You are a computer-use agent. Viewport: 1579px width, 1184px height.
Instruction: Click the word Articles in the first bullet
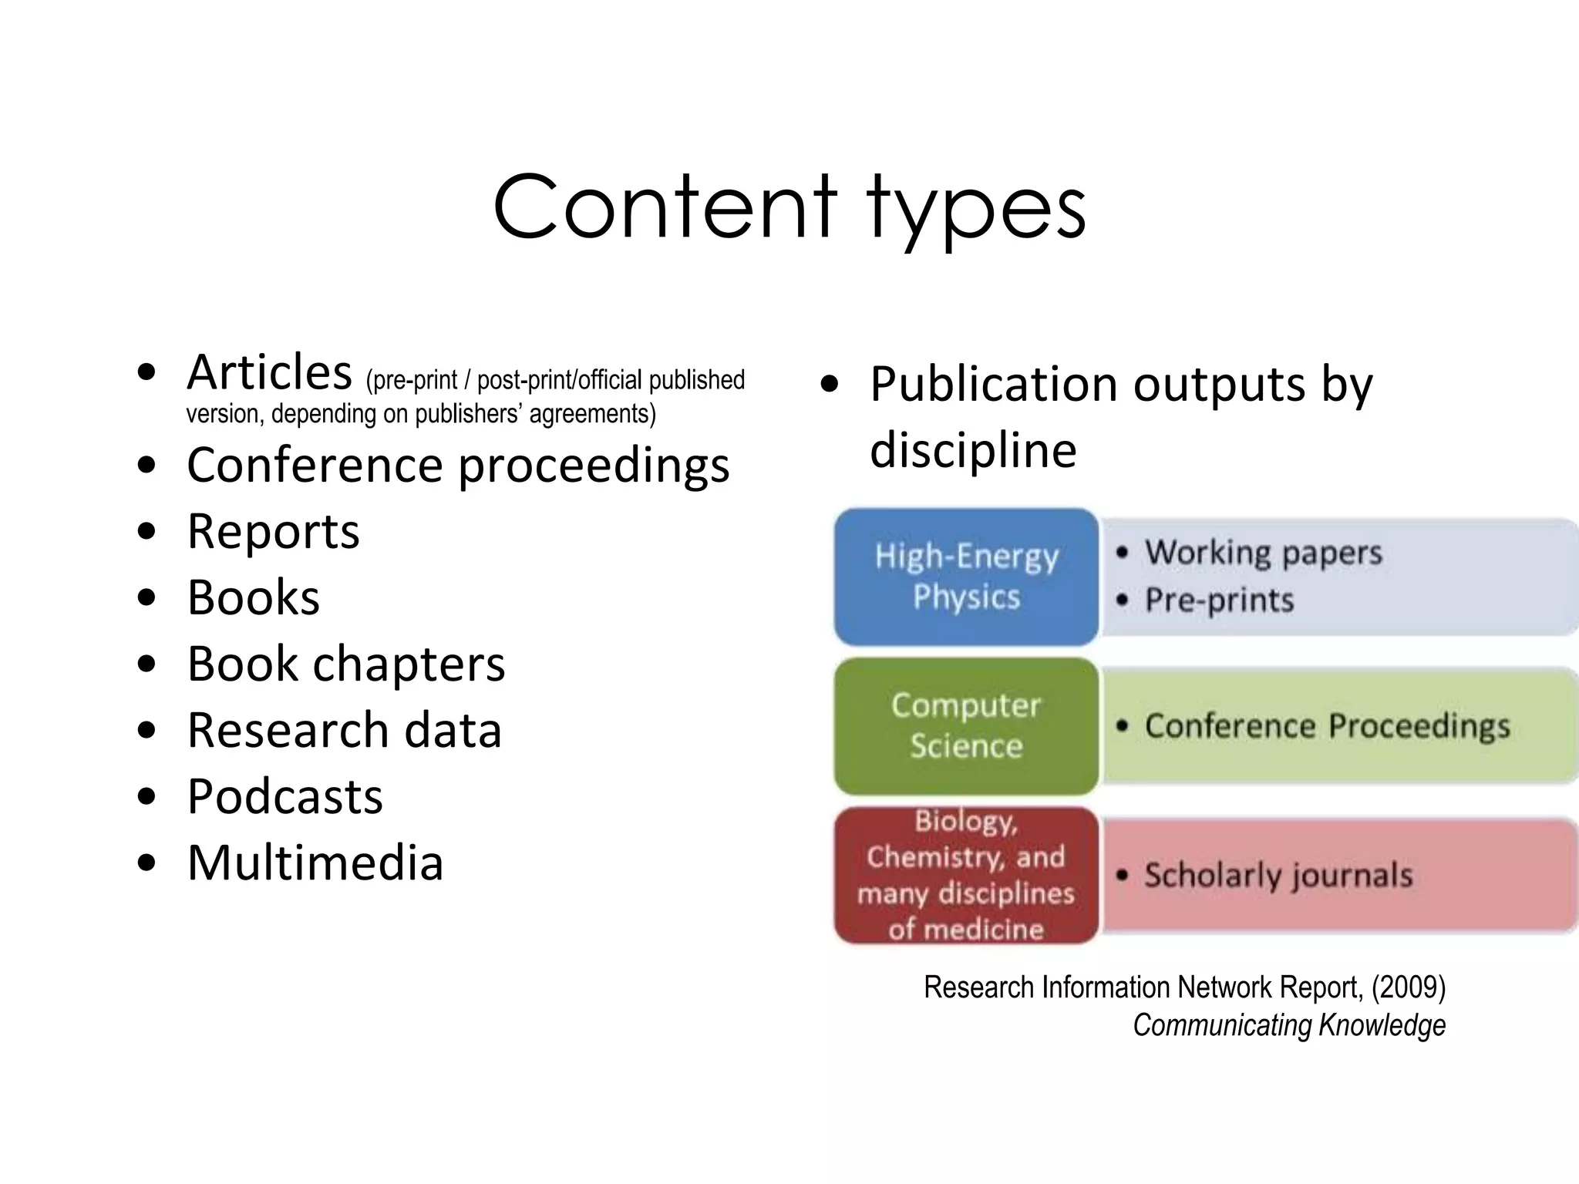point(269,373)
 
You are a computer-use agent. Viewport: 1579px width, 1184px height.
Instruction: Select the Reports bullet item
point(273,532)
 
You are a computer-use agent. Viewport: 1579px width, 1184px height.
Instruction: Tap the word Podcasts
point(284,796)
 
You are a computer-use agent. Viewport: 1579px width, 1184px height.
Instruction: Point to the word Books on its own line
point(253,598)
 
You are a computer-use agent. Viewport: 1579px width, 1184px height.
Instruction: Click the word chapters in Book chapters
point(409,664)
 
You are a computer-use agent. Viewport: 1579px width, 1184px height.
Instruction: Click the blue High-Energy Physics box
point(966,577)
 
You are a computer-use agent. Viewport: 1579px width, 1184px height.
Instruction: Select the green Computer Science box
point(966,725)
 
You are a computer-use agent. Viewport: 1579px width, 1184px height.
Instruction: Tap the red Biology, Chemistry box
point(966,875)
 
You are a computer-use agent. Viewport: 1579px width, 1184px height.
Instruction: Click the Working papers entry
point(1263,553)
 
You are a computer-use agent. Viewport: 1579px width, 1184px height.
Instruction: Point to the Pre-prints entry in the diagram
point(1219,600)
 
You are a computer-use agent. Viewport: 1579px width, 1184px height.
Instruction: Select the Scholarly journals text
point(1278,876)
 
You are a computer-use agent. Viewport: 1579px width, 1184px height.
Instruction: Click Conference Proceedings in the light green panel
point(1327,726)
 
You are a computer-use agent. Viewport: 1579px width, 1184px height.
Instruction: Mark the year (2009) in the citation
point(1408,987)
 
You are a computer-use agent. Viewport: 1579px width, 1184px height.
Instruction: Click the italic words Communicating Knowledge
point(1289,1025)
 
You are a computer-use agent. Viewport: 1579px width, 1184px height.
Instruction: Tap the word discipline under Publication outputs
point(973,450)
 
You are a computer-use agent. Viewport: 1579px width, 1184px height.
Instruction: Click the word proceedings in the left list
point(594,467)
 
